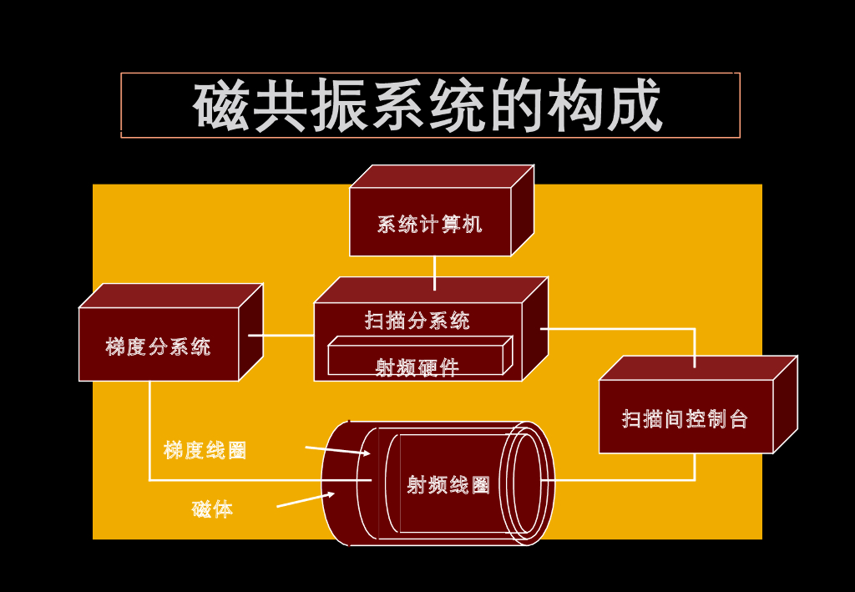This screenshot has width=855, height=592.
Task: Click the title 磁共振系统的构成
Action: point(428,106)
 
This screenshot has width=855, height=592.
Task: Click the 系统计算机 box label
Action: point(429,224)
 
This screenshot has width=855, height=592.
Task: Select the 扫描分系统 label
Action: point(417,320)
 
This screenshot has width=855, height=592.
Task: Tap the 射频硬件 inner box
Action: point(417,363)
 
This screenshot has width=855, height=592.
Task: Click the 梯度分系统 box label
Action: point(158,347)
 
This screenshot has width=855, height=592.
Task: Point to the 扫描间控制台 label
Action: point(685,418)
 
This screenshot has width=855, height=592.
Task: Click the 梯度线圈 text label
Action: point(205,450)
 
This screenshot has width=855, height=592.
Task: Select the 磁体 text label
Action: point(212,509)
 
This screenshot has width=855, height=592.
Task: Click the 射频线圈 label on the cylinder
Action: point(448,484)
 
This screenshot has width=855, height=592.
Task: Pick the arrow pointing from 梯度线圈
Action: point(337,451)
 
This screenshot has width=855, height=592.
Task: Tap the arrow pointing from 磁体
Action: point(306,499)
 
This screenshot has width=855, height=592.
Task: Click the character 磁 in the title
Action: point(221,106)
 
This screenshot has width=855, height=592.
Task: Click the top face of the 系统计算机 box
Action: point(441,176)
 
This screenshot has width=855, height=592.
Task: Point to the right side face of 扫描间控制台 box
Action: point(785,404)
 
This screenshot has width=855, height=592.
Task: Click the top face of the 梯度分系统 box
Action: point(170,296)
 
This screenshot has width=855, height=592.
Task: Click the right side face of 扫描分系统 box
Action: point(534,329)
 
